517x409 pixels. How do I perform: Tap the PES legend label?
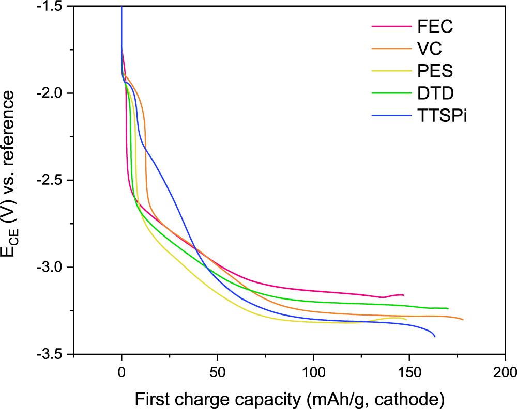point(434,71)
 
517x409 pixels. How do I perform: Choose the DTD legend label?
point(434,93)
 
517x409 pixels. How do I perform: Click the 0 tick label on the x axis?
point(121,371)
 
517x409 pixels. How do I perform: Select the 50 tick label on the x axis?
point(217,371)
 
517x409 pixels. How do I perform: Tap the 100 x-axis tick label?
point(313,371)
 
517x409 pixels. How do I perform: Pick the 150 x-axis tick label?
point(409,371)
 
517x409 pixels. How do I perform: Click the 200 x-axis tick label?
point(505,371)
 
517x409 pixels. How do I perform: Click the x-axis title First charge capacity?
point(290,398)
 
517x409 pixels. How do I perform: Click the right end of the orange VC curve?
point(463,320)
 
